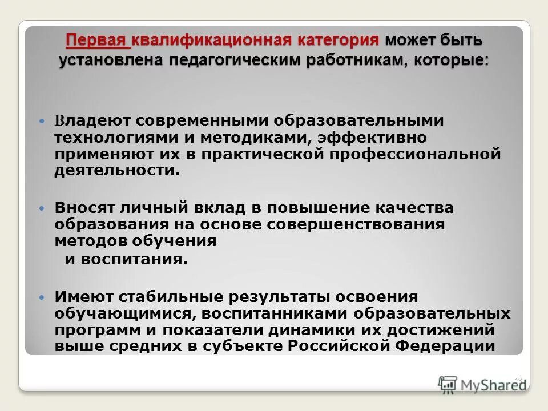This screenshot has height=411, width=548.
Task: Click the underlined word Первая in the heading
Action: coord(98,42)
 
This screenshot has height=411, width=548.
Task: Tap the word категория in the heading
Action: coord(339,42)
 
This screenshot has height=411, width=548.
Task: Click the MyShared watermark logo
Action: coord(482,384)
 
